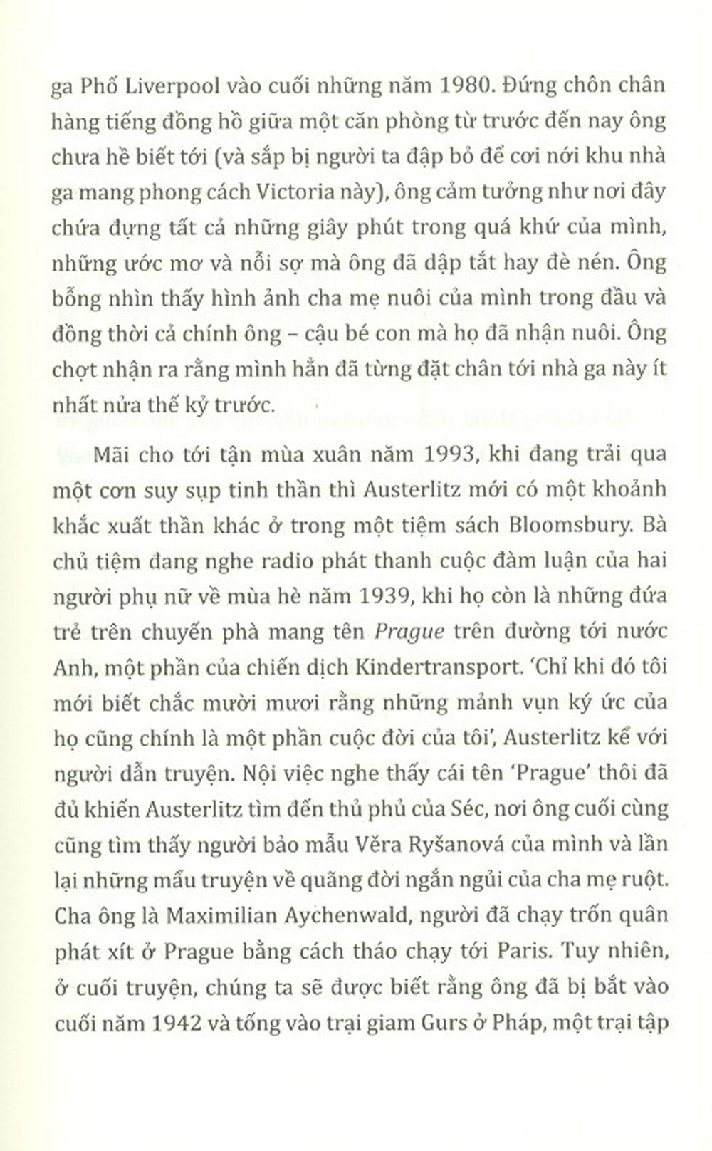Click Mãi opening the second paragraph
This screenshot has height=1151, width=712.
[x=109, y=454]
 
